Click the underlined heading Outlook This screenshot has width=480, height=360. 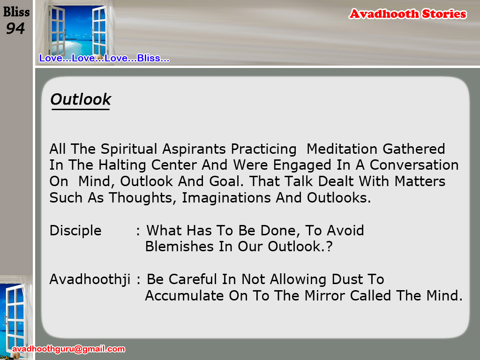click(x=81, y=99)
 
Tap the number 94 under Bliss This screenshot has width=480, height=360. click(x=15, y=29)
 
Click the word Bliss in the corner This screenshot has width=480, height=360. click(x=16, y=12)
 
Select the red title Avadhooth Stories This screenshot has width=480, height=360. click(x=408, y=14)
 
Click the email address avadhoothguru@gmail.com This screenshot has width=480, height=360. click(x=68, y=349)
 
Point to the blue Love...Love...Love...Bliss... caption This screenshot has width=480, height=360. click(x=104, y=58)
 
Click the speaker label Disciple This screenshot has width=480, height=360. click(x=75, y=231)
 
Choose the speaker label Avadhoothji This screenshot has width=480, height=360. click(x=90, y=279)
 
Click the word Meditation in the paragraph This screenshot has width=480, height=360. click(x=342, y=149)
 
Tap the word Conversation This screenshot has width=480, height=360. click(x=414, y=165)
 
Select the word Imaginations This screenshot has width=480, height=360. click(x=226, y=198)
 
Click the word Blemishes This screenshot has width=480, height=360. click(x=179, y=247)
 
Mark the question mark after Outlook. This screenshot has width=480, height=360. click(x=329, y=247)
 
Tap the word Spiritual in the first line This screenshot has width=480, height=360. click(x=129, y=149)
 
